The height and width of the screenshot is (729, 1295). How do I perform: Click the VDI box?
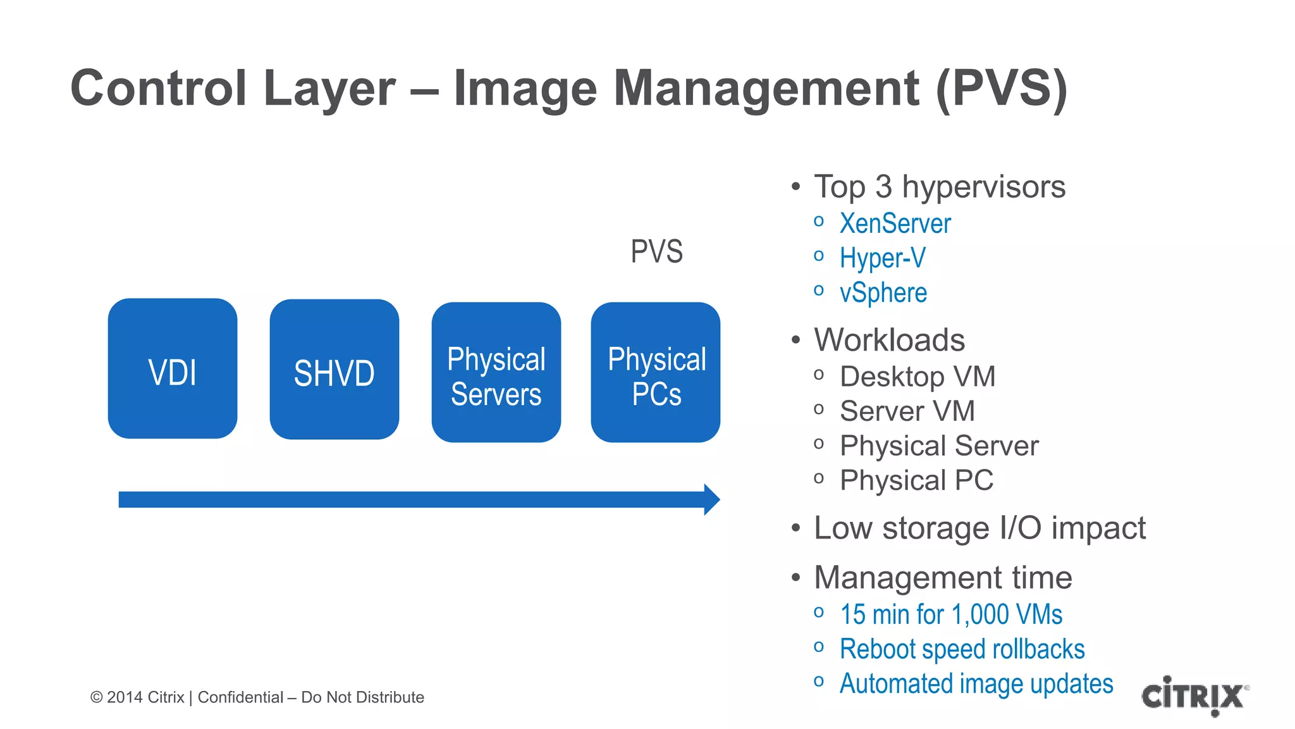[173, 369]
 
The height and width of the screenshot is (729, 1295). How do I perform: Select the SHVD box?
[334, 370]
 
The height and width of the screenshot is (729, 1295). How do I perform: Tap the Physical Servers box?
[496, 373]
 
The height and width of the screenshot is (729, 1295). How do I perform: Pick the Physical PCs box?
[656, 373]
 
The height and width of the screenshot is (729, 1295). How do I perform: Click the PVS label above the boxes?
[656, 252]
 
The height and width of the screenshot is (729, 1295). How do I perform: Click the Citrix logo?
[1194, 695]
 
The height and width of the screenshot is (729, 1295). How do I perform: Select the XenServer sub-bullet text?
[895, 223]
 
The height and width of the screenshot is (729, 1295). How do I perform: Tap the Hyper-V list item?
[882, 258]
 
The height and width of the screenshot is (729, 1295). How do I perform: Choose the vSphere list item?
[883, 293]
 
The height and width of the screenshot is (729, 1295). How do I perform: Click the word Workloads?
[889, 340]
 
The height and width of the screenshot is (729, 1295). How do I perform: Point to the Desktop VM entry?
[917, 377]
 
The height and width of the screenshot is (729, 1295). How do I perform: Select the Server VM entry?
[907, 411]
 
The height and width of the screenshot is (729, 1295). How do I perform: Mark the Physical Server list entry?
[939, 446]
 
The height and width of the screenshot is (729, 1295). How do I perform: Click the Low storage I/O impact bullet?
[979, 528]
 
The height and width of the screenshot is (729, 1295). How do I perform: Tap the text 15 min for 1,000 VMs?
[951, 614]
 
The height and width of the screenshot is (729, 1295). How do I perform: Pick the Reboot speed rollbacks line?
[962, 649]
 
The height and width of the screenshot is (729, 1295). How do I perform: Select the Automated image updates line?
[976, 684]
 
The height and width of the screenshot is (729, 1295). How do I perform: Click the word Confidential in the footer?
[240, 697]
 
